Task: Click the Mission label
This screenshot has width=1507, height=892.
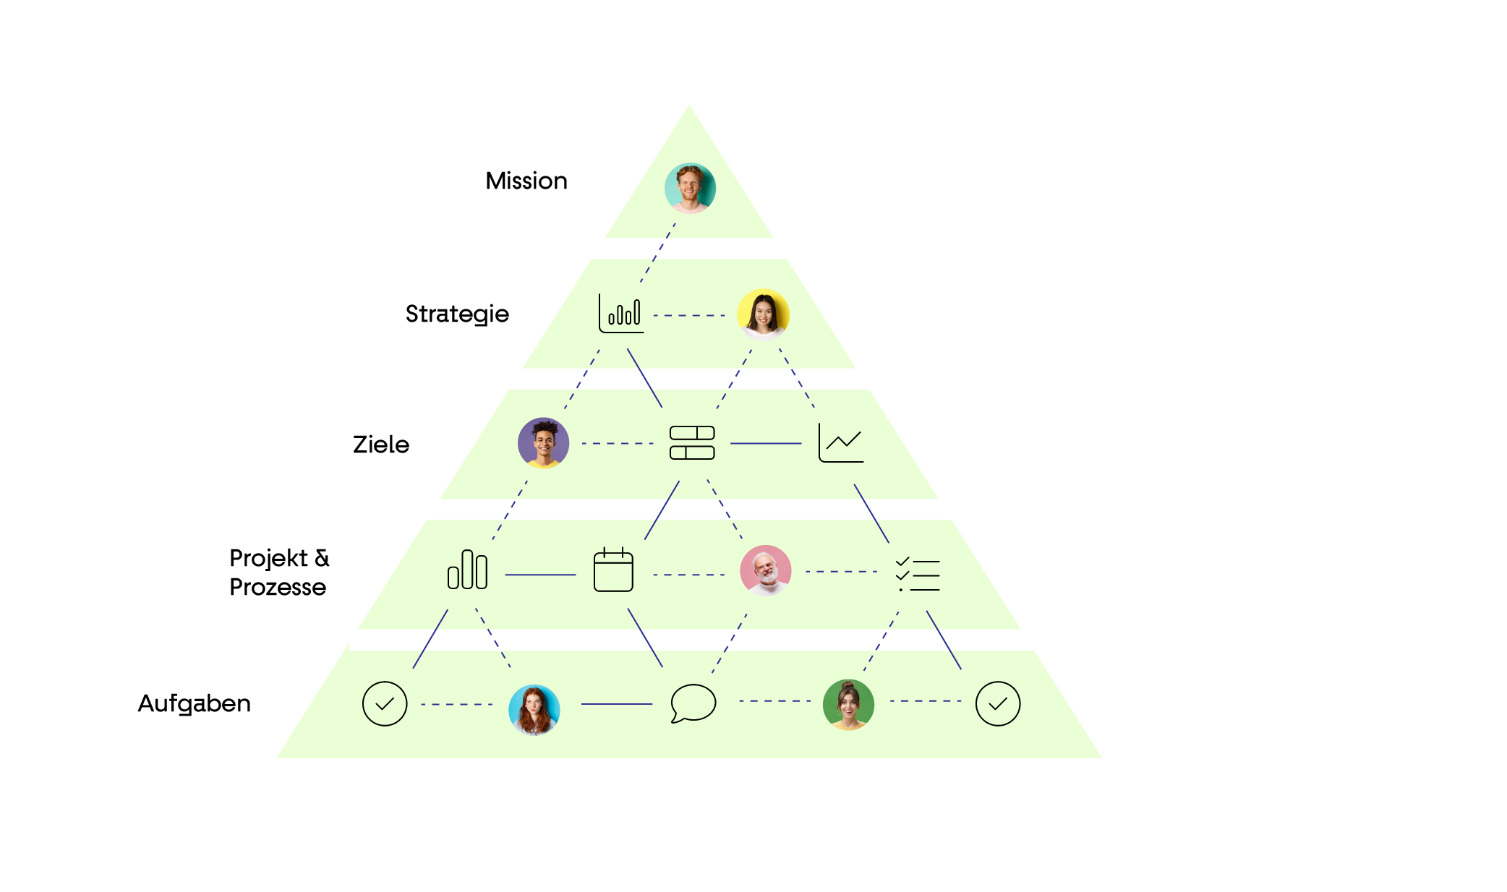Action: [526, 181]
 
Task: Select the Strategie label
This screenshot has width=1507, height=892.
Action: [457, 314]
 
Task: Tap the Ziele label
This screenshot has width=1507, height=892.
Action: [381, 445]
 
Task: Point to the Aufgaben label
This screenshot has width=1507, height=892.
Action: [194, 703]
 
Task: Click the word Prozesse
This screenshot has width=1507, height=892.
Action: [278, 587]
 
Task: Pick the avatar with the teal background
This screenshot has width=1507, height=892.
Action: [690, 188]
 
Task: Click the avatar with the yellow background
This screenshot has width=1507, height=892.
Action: [763, 314]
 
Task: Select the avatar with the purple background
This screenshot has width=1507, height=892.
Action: [543, 443]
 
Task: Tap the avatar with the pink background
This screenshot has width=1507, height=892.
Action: [765, 570]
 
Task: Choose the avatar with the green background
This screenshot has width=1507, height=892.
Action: [848, 704]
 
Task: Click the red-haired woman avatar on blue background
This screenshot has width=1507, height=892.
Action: [534, 710]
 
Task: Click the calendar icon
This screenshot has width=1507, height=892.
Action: [613, 570]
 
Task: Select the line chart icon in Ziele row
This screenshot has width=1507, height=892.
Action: [841, 442]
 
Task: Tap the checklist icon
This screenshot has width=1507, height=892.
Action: [918, 575]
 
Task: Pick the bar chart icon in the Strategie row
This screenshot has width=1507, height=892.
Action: [621, 314]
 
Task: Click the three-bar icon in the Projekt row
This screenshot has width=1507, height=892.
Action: [467, 570]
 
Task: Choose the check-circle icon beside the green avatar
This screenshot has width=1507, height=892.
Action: [997, 703]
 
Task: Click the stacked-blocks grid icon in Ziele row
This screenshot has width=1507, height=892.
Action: [692, 442]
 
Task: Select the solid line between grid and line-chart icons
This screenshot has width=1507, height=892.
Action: [766, 443]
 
